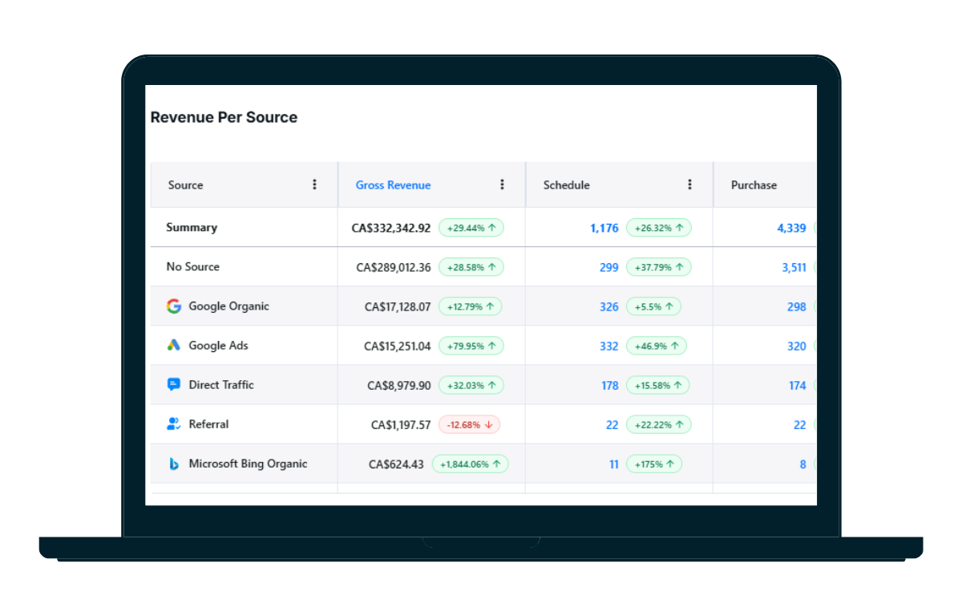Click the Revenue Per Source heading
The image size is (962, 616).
pos(224,117)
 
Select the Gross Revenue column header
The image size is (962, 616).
pos(393,185)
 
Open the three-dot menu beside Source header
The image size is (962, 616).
pos(315,184)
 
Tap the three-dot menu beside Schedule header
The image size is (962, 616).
pos(689,184)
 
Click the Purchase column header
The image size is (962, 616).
pos(754,185)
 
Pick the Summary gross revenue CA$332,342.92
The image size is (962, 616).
pos(391,228)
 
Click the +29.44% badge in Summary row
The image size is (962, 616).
pos(471,228)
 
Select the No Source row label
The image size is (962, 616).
pos(192,267)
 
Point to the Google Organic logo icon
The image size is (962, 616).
pos(173,306)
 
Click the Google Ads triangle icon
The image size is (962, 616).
pos(173,346)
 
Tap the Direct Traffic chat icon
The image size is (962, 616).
pos(173,385)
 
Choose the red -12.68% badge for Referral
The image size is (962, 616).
pos(469,424)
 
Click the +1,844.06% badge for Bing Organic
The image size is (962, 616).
pos(470,464)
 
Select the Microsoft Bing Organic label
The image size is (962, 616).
pos(248,464)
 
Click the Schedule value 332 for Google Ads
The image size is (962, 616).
pos(608,346)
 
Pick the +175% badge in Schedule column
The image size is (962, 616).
pos(653,464)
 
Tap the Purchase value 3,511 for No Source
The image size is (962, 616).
pos(794,267)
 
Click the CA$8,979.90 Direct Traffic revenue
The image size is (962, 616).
pos(399,385)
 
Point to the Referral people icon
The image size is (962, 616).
pos(173,424)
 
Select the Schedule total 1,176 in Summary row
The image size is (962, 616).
pos(604,228)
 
